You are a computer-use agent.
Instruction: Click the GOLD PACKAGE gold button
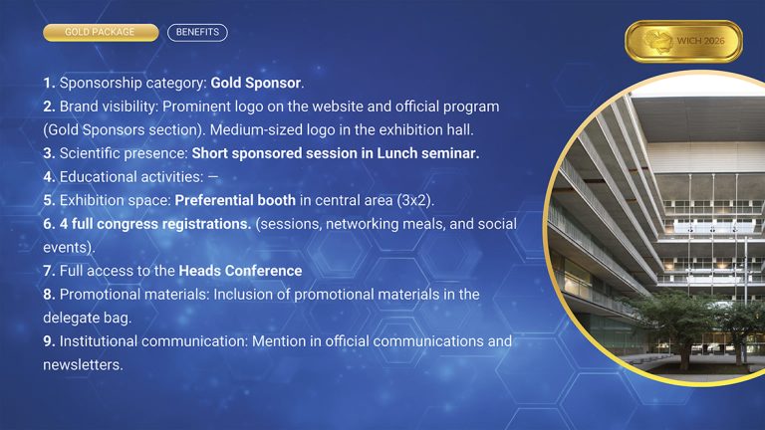point(101,33)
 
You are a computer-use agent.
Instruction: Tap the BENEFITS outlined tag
point(197,33)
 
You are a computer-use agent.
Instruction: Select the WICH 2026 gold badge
point(683,42)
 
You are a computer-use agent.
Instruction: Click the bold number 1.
point(49,83)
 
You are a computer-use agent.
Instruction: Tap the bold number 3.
point(49,154)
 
